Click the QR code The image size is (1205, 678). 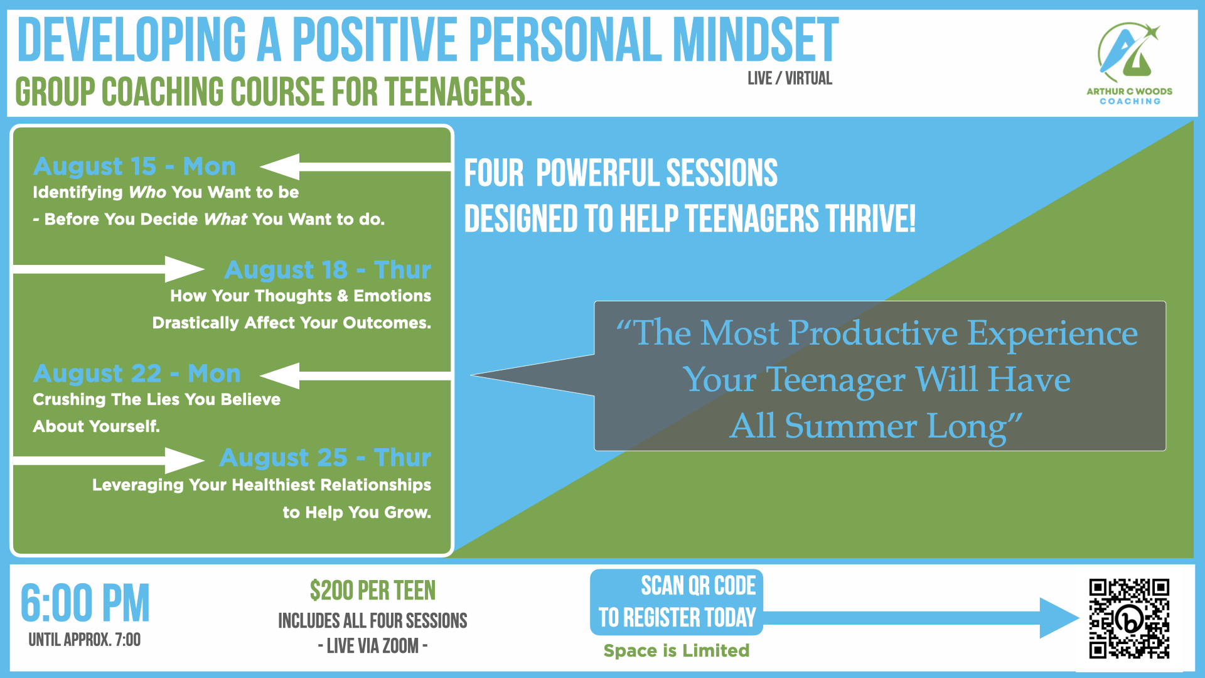[x=1129, y=618]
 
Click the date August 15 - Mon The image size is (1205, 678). [x=134, y=166]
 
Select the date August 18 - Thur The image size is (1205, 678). [x=328, y=270]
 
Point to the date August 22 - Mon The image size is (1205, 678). [x=137, y=374]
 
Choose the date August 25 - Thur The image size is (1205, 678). [x=325, y=458]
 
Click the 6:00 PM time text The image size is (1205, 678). [x=85, y=603]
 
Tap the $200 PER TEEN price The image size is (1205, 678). [x=373, y=591]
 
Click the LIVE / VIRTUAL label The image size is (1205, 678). [x=790, y=78]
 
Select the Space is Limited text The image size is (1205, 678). [x=677, y=650]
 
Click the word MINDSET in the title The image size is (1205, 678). [x=755, y=40]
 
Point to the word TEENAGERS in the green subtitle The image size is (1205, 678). [x=458, y=92]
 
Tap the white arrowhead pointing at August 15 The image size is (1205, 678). [x=280, y=167]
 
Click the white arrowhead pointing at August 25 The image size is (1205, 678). [x=185, y=461]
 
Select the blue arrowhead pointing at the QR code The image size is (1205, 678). [x=1059, y=618]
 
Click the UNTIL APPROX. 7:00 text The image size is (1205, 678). [x=85, y=640]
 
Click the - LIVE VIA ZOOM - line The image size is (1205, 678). [x=373, y=646]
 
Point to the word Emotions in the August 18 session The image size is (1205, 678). [x=392, y=296]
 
